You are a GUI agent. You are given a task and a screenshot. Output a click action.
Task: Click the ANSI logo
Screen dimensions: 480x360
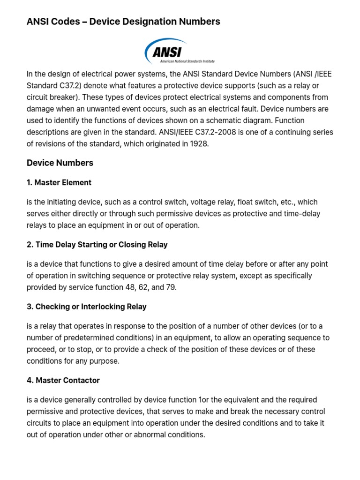coord(179,51)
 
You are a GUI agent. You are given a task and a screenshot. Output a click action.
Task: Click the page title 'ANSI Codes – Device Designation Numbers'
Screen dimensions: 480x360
coord(123,22)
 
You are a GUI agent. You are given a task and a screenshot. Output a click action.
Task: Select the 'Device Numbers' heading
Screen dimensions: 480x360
coord(60,163)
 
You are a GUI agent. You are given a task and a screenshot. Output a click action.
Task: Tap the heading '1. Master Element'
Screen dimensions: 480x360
coord(59,182)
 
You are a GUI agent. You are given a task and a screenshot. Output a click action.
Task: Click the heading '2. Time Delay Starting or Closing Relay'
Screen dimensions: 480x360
coord(97,245)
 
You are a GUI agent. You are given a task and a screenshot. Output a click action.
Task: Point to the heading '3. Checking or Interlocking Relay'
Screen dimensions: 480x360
coord(87,307)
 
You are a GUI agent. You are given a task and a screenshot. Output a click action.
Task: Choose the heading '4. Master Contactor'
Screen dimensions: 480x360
coord(63,380)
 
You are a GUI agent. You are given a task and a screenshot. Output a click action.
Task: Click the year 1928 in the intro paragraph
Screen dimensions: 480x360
coord(199,144)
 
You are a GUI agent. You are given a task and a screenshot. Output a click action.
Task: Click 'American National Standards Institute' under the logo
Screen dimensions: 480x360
coord(187,61)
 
